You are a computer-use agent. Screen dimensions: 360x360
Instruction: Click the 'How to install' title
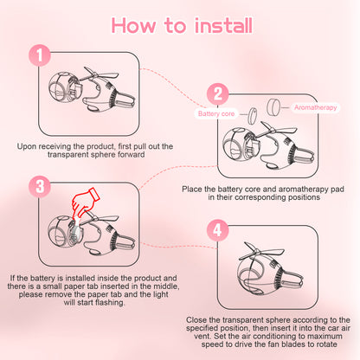[182, 25]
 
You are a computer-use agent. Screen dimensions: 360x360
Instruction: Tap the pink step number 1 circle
[40, 55]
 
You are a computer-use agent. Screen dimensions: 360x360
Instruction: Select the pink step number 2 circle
[218, 94]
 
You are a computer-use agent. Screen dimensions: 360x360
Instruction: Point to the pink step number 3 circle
[40, 186]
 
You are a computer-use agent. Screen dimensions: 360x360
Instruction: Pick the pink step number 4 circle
[218, 230]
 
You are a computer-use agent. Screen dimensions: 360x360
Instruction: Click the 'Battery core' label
[216, 113]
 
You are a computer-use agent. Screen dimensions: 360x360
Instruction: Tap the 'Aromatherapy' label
[316, 107]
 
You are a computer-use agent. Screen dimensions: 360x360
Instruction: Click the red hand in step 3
[85, 202]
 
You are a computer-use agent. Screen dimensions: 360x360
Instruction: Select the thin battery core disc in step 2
[253, 116]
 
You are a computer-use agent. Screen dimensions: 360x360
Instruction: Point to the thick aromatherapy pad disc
[273, 107]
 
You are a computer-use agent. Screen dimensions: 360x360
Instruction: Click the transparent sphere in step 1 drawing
[63, 88]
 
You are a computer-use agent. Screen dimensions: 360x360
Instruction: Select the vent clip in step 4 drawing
[292, 280]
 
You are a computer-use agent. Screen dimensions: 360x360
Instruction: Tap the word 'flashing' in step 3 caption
[110, 303]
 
